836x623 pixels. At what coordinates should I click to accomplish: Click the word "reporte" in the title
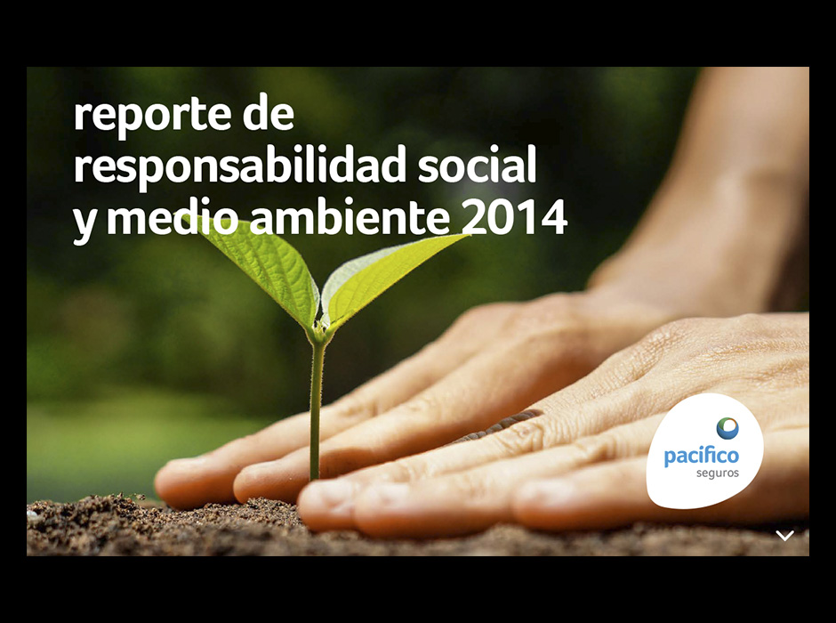pos(152,115)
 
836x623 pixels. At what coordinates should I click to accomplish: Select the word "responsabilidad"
pos(239,166)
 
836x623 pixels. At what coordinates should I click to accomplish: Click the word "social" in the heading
pos(477,165)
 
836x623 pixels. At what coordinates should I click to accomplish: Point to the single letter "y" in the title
pos(84,223)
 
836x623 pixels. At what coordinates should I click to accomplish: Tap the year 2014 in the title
pos(514,217)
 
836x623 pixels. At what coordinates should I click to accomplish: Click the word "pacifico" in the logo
pos(701,457)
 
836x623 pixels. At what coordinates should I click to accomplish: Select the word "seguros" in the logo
pos(717,473)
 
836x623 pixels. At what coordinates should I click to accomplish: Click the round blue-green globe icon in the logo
pos(727,428)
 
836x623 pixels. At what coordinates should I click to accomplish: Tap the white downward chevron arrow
pos(784,535)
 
